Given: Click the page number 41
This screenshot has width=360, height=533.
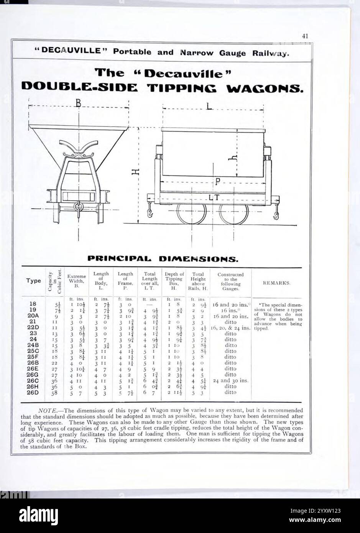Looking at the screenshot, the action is pyautogui.click(x=305, y=36).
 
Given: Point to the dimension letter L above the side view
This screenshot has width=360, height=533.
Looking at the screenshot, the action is pyautogui.click(x=209, y=106).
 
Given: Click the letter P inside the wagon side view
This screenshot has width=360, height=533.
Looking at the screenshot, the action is pyautogui.click(x=217, y=182).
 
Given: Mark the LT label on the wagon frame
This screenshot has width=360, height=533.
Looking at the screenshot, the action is pyautogui.click(x=214, y=197).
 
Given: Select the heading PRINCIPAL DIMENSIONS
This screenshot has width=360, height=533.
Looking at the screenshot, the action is pyautogui.click(x=163, y=259).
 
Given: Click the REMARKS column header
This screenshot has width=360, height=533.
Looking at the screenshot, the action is pyautogui.click(x=276, y=283).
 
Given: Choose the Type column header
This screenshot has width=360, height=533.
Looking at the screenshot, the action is pyautogui.click(x=33, y=281).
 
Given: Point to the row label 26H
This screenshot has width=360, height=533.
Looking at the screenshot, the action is pyautogui.click(x=33, y=387).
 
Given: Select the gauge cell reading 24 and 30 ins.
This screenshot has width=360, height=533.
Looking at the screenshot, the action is pyautogui.click(x=231, y=381).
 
